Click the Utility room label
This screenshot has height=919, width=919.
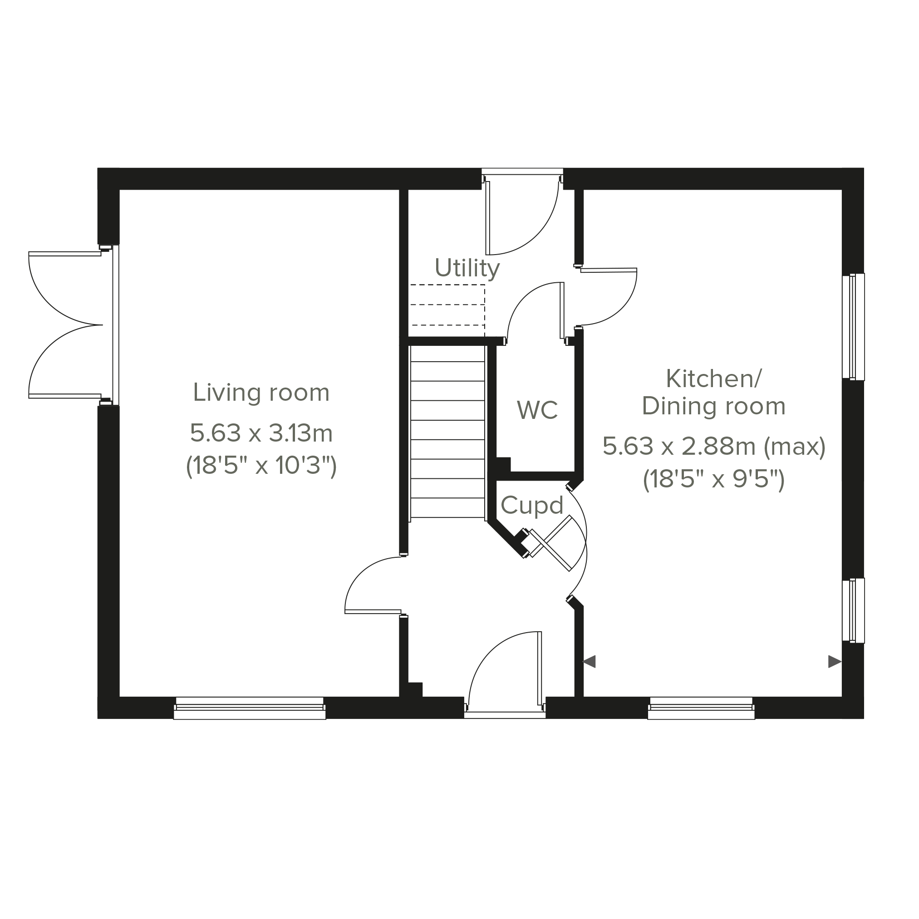tap(467, 269)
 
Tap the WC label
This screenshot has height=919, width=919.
tap(537, 410)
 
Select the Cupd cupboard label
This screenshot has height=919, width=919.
tap(532, 506)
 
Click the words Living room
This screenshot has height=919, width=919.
tap(261, 393)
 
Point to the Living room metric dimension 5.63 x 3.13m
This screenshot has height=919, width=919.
tap(261, 433)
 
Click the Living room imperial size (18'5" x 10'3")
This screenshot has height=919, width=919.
tap(261, 466)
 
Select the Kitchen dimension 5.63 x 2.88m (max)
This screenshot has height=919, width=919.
tap(714, 446)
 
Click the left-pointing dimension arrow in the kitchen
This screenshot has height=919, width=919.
tap(590, 662)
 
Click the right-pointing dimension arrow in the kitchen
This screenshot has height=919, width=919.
tap(835, 662)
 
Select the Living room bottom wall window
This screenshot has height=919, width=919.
tap(250, 708)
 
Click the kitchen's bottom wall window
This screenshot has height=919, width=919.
tap(701, 708)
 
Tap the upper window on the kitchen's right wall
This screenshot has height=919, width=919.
tap(853, 327)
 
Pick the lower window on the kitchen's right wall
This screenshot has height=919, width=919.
tap(853, 611)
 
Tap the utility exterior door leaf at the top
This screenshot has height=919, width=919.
tap(487, 218)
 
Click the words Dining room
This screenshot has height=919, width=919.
tap(714, 407)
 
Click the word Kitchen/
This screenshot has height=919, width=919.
tap(714, 379)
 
